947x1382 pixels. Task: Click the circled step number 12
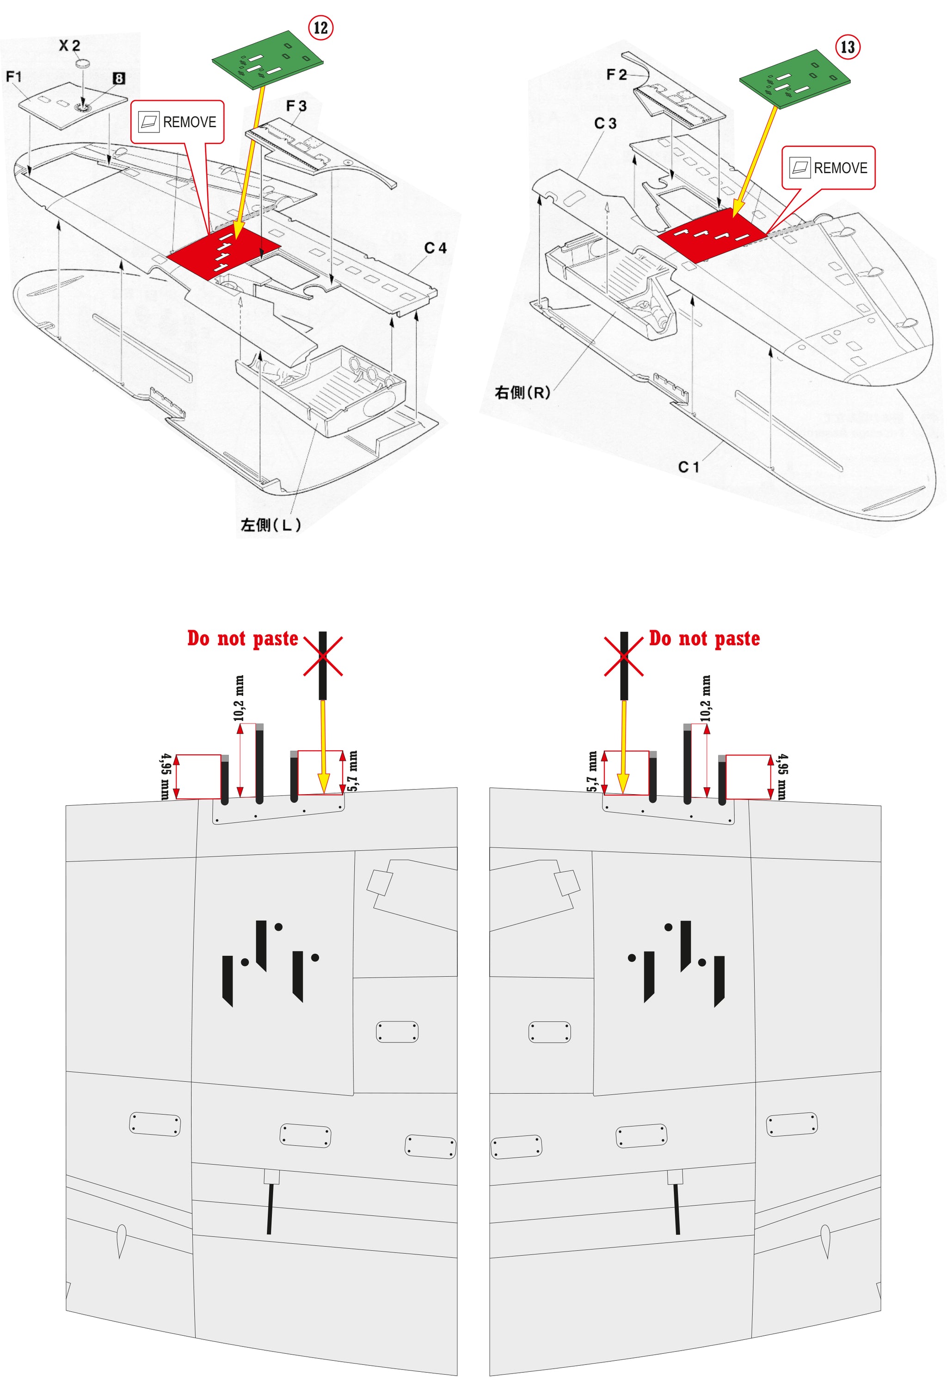[x=320, y=28]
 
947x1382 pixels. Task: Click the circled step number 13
[x=848, y=47]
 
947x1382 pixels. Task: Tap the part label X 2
[x=69, y=46]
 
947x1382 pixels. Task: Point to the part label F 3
[x=296, y=106]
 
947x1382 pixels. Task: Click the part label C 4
[x=435, y=248]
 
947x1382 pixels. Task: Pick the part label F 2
[x=616, y=74]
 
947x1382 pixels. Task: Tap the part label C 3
[x=605, y=123]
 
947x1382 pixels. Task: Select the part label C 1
[x=689, y=467]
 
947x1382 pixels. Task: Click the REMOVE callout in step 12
[x=177, y=122]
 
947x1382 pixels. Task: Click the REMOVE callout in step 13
[x=828, y=168]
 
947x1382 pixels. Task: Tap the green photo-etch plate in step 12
[x=268, y=60]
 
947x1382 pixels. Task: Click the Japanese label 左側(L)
[x=271, y=524]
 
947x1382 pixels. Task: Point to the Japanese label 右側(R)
[x=523, y=393]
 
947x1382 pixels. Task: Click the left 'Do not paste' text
[x=243, y=638]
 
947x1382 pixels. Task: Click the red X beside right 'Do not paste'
[x=624, y=656]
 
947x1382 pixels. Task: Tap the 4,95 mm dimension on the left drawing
[x=165, y=777]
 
